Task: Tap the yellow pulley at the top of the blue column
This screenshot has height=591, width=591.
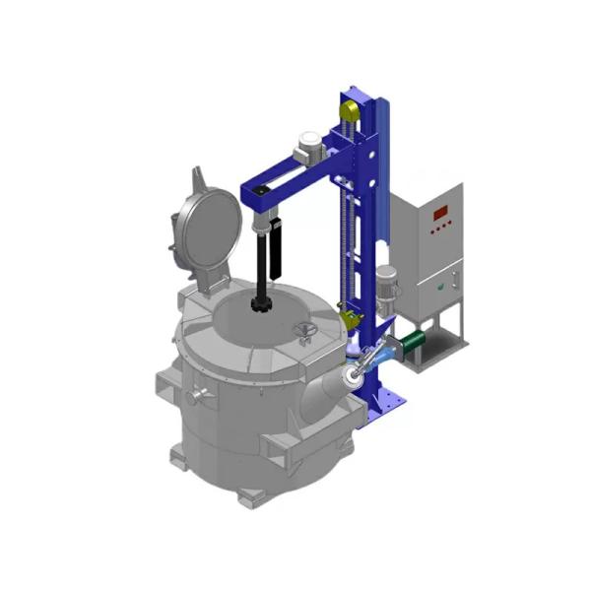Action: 351,109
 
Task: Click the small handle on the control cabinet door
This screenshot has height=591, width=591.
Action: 451,282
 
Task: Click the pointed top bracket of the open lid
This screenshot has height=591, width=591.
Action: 201,180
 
